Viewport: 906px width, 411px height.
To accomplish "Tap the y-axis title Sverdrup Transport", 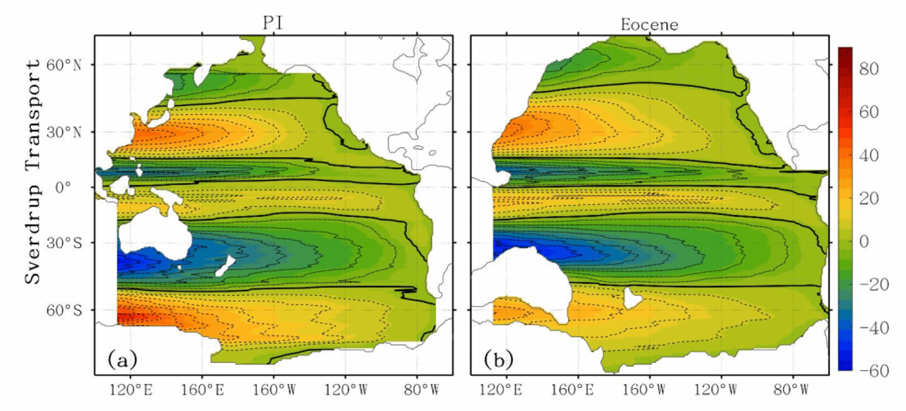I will tap(33, 172).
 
